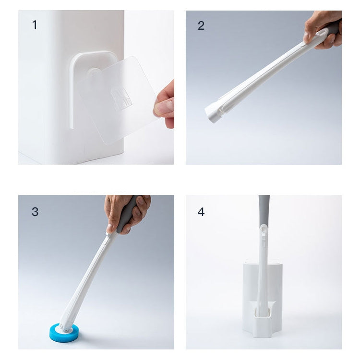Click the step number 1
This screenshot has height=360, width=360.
[34, 25]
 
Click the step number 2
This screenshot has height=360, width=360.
[201, 26]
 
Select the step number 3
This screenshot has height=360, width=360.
[35, 212]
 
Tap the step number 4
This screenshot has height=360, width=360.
[201, 212]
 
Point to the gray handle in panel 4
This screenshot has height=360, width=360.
[264, 209]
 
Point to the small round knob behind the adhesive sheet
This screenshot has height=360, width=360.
[95, 72]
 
